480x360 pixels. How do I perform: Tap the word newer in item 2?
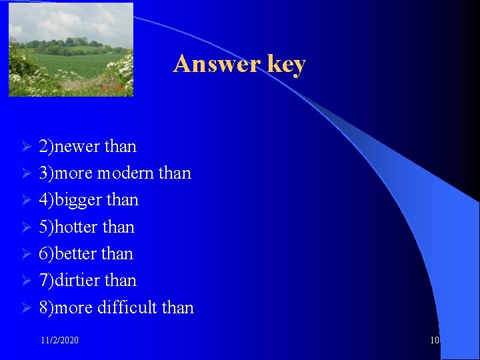tap(77, 147)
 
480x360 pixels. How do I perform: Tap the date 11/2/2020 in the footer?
tap(59, 341)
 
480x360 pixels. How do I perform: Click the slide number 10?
tap(435, 341)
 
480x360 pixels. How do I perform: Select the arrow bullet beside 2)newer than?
tap(27, 147)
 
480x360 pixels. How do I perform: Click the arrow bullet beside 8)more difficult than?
tap(27, 308)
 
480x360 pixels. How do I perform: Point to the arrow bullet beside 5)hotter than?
tap(27, 227)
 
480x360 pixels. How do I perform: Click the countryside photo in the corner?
tap(71, 49)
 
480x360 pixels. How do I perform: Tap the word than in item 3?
tap(175, 173)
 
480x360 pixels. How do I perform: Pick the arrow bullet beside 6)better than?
tap(27, 254)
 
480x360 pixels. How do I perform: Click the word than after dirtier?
tap(121, 281)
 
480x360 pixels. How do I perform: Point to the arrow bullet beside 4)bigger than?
tap(27, 200)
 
